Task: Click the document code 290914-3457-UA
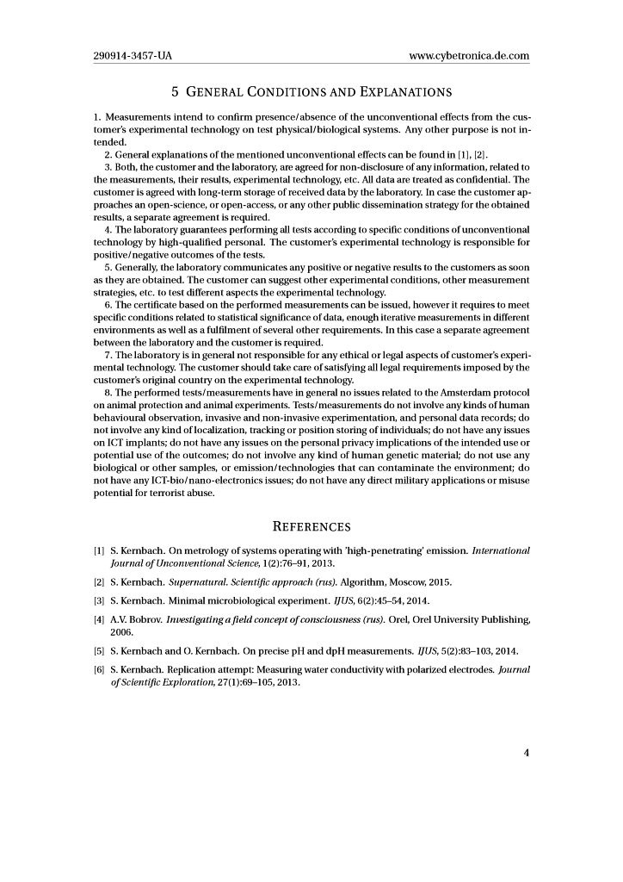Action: (133, 56)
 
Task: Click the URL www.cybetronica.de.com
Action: (469, 56)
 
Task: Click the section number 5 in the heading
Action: (176, 91)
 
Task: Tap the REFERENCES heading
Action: (311, 526)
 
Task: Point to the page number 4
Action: (526, 752)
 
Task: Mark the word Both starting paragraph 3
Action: (126, 166)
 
